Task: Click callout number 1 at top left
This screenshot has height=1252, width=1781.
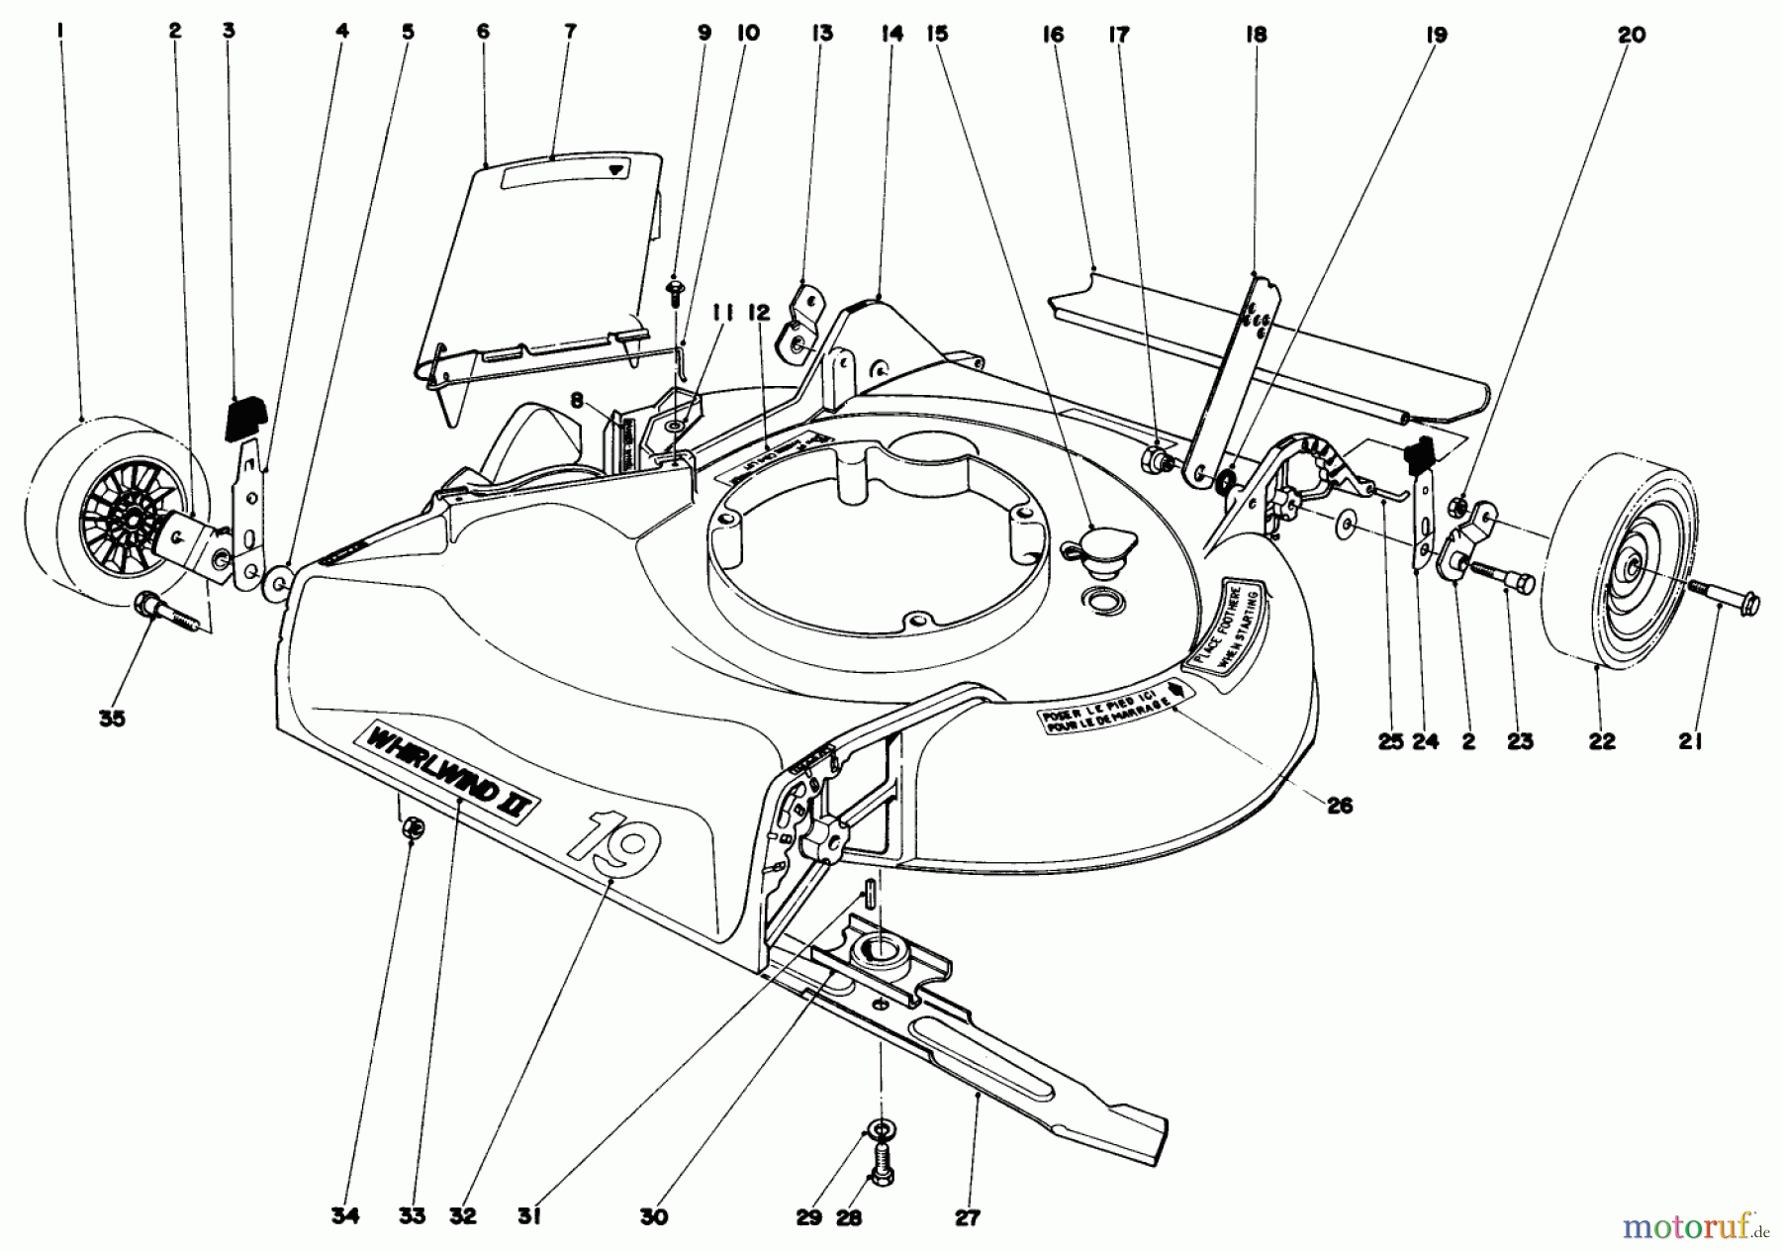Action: pyautogui.click(x=60, y=32)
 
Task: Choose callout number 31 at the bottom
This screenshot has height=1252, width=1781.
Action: pyautogui.click(x=529, y=1218)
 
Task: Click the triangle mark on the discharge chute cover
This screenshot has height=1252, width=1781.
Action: pyautogui.click(x=617, y=169)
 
